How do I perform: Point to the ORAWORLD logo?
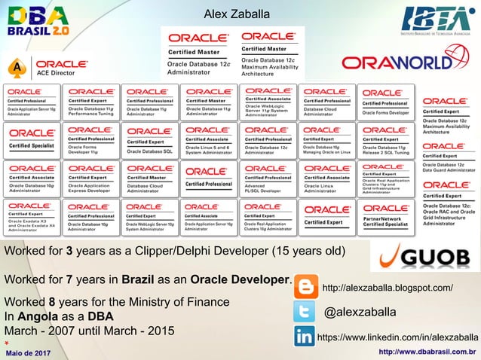coord(406,60)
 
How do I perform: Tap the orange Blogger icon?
coord(305,287)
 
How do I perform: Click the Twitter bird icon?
coord(305,312)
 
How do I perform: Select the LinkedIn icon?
coord(304,336)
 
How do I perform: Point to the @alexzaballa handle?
coord(360,312)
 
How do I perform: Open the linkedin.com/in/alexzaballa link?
coord(397,336)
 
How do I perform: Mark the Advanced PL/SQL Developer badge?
coord(266,178)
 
